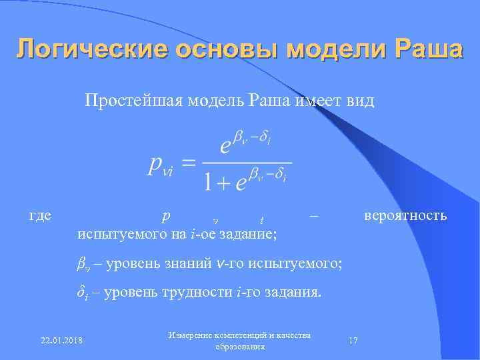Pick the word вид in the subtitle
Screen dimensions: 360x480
point(360,101)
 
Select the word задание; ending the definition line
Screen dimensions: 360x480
point(254,234)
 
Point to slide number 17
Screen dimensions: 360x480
point(353,341)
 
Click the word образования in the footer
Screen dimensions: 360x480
point(240,347)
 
